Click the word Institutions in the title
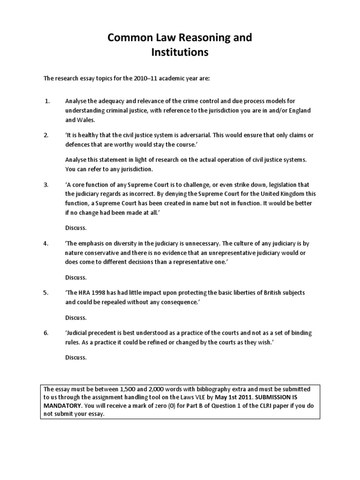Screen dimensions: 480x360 point(180,52)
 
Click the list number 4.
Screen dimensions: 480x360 point(46,244)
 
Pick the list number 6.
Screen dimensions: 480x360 point(46,333)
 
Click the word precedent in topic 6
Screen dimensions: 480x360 point(101,333)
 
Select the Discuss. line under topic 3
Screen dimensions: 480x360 point(76,228)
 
